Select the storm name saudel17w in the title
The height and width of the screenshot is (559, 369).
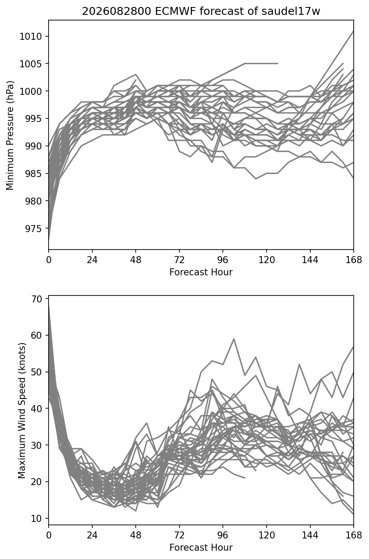tap(291, 11)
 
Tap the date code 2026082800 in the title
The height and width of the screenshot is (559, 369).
tap(116, 11)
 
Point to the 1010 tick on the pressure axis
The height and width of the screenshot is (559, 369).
tap(31, 36)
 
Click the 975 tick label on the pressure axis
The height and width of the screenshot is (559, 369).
tap(33, 228)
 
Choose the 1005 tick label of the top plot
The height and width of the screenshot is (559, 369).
tap(31, 64)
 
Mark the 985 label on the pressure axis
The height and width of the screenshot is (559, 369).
tap(33, 174)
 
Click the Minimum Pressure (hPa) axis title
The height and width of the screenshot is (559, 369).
tap(10, 135)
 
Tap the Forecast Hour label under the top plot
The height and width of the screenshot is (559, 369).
tap(201, 272)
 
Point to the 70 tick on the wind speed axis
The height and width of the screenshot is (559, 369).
tap(36, 299)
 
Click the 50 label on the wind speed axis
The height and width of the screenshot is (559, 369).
tap(36, 372)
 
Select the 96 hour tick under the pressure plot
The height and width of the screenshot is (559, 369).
tap(223, 260)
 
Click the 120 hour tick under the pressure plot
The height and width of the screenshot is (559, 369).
tap(267, 260)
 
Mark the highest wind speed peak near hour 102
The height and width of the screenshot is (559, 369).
tap(234, 339)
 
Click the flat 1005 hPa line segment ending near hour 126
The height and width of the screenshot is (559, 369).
tap(261, 63)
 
